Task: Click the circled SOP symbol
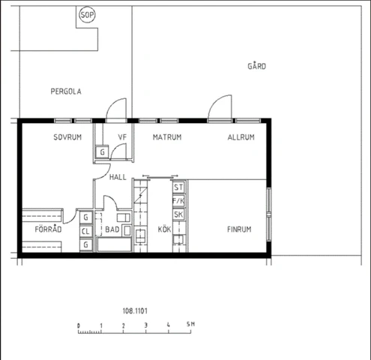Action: click(x=87, y=15)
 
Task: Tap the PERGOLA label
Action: click(x=66, y=91)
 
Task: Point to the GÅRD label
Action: click(x=256, y=66)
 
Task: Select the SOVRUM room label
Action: click(x=67, y=137)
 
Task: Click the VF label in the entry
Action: click(x=122, y=137)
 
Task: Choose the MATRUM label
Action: click(x=167, y=137)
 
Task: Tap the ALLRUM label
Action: click(x=241, y=137)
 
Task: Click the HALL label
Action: click(x=118, y=177)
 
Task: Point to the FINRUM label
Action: click(x=239, y=229)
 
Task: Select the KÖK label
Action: click(x=164, y=229)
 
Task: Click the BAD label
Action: click(x=112, y=229)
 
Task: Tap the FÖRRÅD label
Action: click(x=48, y=229)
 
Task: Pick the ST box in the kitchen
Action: click(x=178, y=187)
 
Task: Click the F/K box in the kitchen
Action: click(x=178, y=201)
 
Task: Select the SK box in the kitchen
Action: click(x=178, y=214)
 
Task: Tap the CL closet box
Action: click(x=85, y=231)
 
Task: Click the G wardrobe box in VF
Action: click(x=102, y=151)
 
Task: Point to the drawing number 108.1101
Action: click(x=135, y=311)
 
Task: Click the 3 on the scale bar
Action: click(x=146, y=325)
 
